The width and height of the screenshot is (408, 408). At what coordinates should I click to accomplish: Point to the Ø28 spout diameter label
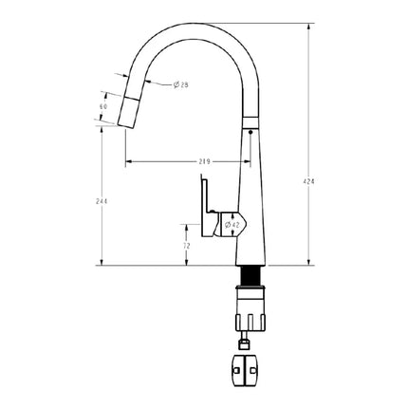(180, 86)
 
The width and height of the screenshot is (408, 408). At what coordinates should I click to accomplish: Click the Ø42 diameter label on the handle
(232, 225)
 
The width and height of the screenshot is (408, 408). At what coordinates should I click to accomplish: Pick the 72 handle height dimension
(186, 245)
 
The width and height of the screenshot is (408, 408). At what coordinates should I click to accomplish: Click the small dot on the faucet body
(250, 133)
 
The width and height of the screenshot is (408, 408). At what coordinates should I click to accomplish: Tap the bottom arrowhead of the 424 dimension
(310, 263)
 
